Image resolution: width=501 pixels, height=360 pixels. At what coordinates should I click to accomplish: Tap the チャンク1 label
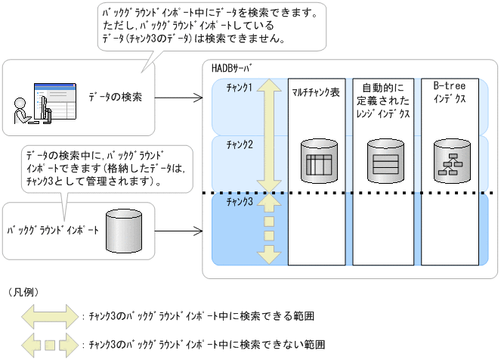coord(240,88)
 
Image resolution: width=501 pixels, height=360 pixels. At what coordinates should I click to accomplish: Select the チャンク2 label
coord(240,144)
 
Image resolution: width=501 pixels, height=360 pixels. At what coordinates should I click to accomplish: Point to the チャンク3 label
coord(240,200)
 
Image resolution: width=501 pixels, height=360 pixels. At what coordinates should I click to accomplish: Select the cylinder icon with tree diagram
coord(450,160)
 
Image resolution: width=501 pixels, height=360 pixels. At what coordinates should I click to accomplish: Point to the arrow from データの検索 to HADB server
coord(178,98)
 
